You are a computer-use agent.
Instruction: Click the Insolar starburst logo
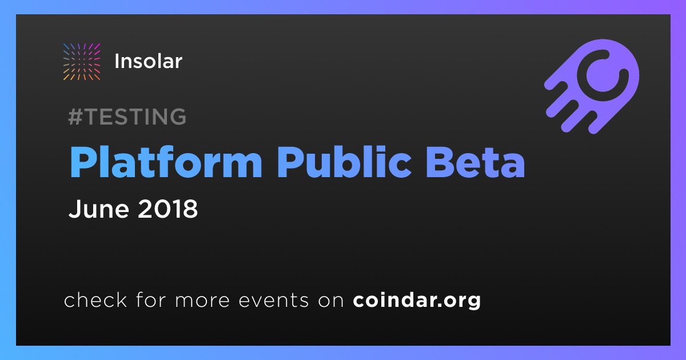pyautogui.click(x=82, y=62)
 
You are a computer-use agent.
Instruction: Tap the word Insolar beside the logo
pyautogui.click(x=149, y=61)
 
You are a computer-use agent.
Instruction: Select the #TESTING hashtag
pyautogui.click(x=127, y=117)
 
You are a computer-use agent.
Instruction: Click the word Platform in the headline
pyautogui.click(x=166, y=162)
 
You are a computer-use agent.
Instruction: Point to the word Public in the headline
pyautogui.click(x=345, y=162)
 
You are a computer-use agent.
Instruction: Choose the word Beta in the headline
pyautogui.click(x=476, y=162)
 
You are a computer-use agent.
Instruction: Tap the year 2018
pyautogui.click(x=168, y=209)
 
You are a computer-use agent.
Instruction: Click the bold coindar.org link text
pyautogui.click(x=417, y=301)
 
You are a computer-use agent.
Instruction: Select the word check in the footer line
pyautogui.click(x=95, y=299)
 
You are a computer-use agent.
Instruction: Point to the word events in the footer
pyautogui.click(x=274, y=301)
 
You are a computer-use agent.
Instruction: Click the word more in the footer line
pyautogui.click(x=202, y=301)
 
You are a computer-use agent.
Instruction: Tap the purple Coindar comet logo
pyautogui.click(x=592, y=86)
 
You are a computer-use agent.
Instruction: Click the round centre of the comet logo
pyautogui.click(x=603, y=75)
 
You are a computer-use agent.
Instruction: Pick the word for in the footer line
pyautogui.click(x=151, y=299)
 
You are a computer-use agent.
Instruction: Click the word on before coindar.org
pyautogui.click(x=331, y=301)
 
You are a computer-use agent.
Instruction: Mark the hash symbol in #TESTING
pyautogui.click(x=75, y=117)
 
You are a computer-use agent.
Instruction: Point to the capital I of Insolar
pyautogui.click(x=117, y=61)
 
